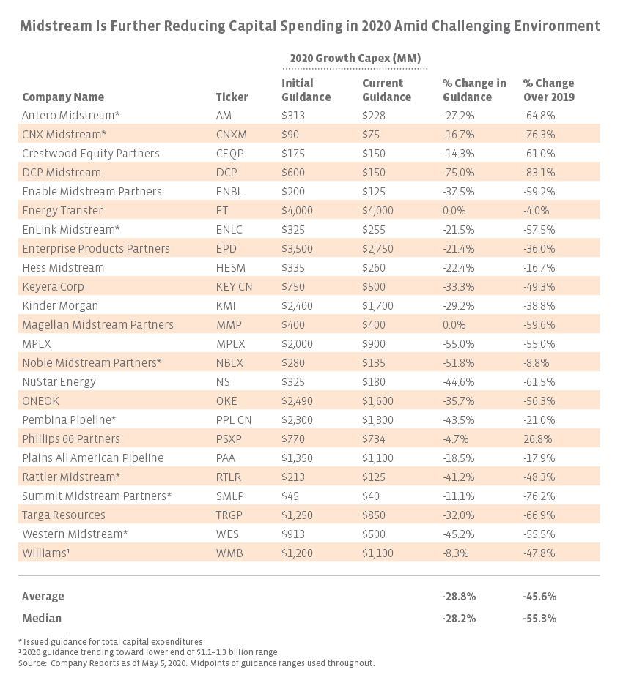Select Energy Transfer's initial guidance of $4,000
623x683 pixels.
click(x=298, y=210)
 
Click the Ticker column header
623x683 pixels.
click(x=232, y=97)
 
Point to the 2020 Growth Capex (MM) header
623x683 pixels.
click(x=355, y=58)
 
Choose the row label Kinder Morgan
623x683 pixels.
click(x=60, y=305)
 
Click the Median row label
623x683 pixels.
click(x=42, y=618)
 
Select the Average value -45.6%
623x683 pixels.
click(x=539, y=596)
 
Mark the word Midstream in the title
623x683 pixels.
click(x=56, y=26)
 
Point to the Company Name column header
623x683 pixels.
click(x=63, y=97)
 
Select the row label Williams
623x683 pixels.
click(x=46, y=553)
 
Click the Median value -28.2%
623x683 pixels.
click(x=460, y=618)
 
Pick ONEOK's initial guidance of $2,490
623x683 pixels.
click(x=298, y=400)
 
